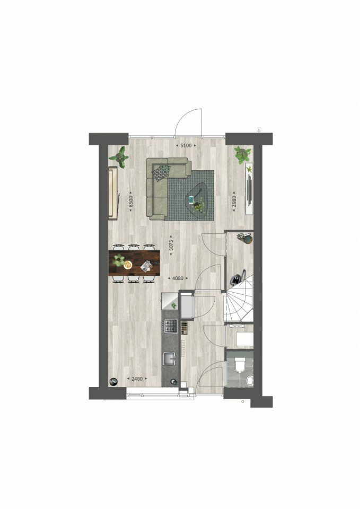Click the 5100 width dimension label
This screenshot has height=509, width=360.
click(186, 146)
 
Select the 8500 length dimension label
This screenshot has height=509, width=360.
click(131, 201)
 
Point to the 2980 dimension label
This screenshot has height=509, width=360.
click(234, 201)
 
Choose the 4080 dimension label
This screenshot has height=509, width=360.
click(178, 278)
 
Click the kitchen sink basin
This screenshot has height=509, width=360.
click(170, 359)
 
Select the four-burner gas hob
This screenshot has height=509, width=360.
click(171, 326)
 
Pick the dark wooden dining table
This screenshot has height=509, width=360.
click(134, 263)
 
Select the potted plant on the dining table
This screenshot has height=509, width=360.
click(119, 259)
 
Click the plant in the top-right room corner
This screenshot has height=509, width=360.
click(243, 154)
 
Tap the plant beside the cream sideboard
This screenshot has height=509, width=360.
click(121, 157)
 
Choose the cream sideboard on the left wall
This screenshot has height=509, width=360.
click(113, 194)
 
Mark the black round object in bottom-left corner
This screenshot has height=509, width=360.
click(113, 382)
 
